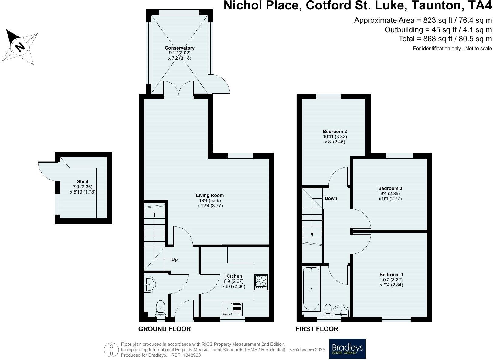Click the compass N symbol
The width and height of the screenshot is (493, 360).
pos(20,47)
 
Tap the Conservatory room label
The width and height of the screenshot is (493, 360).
pos(179,48)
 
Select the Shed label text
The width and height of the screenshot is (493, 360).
pos(83,182)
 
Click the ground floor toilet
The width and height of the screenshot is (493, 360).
pos(161,308)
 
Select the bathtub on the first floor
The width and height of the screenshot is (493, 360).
pos(311,289)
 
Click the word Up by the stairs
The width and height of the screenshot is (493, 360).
pos(175,259)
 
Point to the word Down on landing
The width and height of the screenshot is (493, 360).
pos(331,198)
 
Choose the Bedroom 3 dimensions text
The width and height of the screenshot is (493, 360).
pos(390,196)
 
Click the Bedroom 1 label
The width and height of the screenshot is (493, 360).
pos(391,274)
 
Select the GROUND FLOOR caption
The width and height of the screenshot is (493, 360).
pos(165,329)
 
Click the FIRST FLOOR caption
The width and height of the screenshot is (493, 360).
pos(317,329)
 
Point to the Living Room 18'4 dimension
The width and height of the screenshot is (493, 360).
pos(210,201)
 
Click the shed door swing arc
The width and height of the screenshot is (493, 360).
pos(44,170)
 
